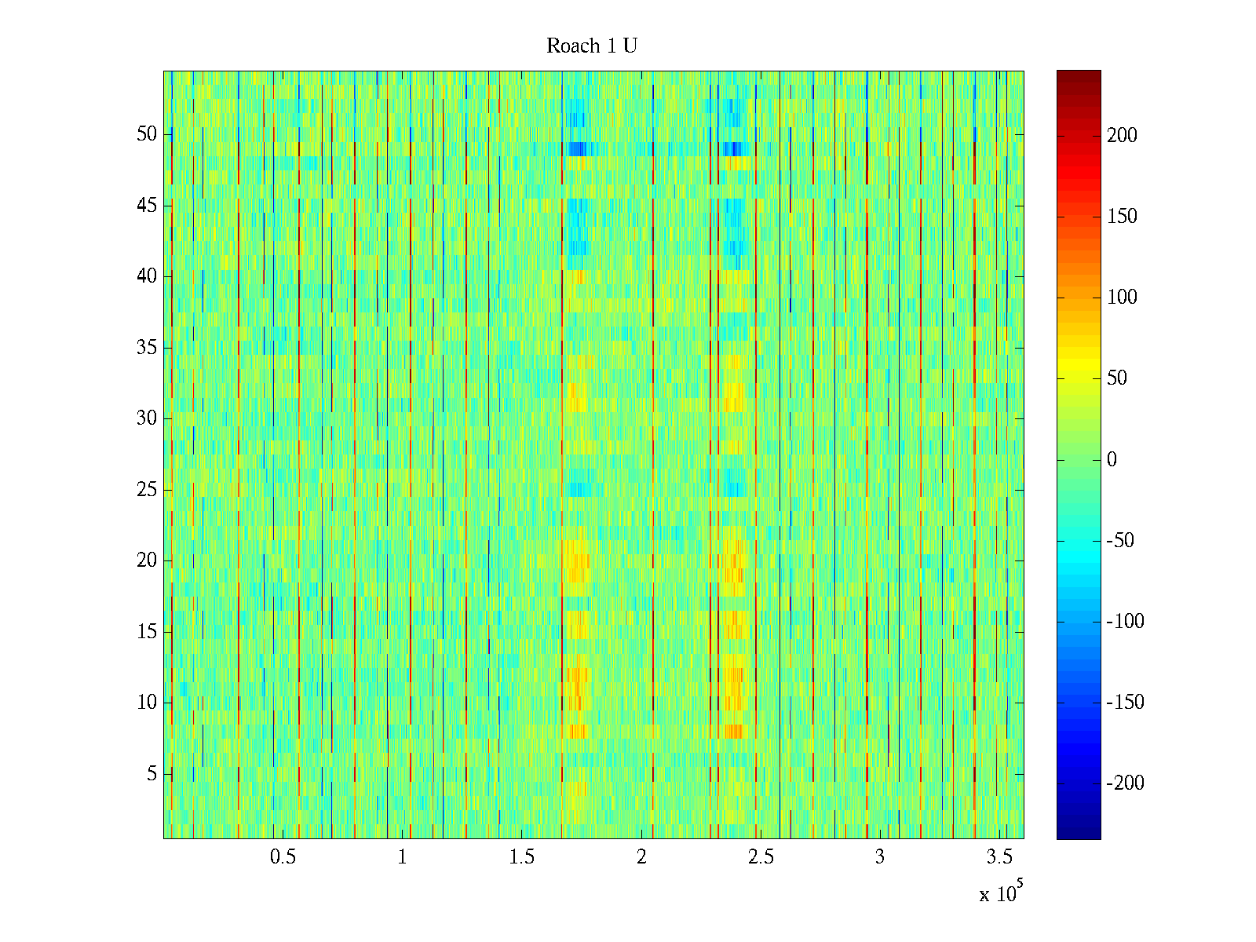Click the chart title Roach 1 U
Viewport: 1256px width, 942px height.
[x=591, y=46]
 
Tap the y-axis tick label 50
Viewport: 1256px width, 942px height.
[x=147, y=134]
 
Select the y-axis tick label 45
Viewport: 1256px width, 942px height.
[x=147, y=206]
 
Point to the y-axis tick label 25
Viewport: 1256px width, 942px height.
[x=147, y=490]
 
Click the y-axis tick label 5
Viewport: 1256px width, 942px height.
[x=152, y=774]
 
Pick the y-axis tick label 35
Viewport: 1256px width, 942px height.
[x=147, y=348]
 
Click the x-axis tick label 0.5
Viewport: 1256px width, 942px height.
[x=283, y=857]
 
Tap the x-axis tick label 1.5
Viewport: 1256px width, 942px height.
[x=522, y=857]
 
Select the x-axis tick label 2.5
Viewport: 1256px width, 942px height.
[x=761, y=857]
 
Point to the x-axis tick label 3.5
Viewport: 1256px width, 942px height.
[x=999, y=857]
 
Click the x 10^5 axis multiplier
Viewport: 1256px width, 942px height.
[x=1000, y=893]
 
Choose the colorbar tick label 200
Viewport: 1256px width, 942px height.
[x=1122, y=136]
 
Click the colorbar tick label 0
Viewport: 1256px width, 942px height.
[x=1112, y=460]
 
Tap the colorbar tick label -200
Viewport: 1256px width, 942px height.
[x=1125, y=783]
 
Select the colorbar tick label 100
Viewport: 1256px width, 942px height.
[x=1122, y=298]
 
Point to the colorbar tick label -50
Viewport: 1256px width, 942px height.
[x=1121, y=541]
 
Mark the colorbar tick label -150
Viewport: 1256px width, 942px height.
[x=1125, y=703]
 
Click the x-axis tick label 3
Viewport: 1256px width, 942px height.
[x=880, y=857]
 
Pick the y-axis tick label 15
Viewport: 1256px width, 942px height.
[x=147, y=632]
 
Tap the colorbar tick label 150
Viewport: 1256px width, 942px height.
[x=1122, y=217]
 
